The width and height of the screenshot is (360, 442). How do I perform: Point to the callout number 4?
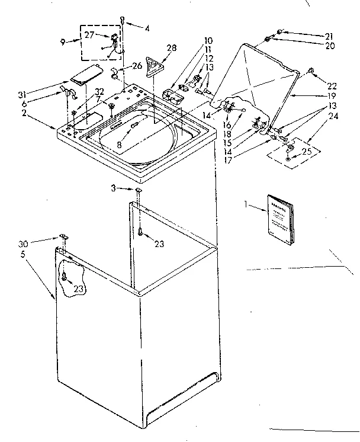click(x=147, y=28)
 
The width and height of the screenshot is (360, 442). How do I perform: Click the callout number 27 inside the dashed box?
click(x=89, y=35)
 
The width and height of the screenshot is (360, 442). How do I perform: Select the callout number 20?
click(x=329, y=45)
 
